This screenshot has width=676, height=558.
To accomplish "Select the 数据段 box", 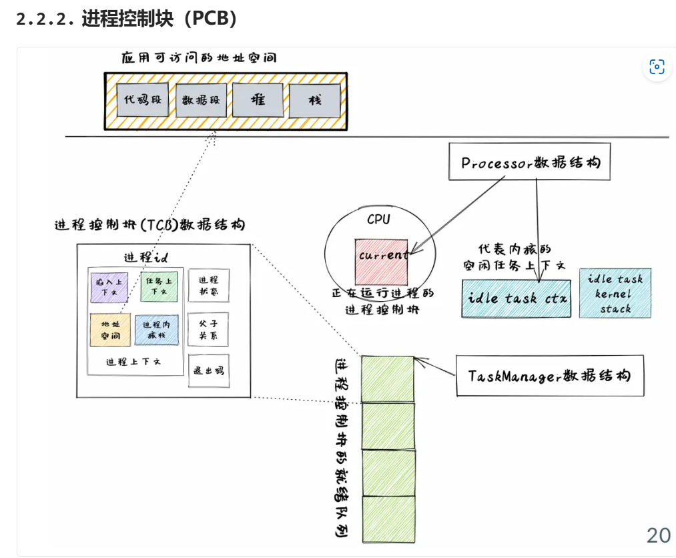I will (x=201, y=101).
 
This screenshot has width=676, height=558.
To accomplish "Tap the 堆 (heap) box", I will (x=258, y=100).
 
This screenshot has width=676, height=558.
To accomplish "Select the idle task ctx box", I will (x=517, y=298).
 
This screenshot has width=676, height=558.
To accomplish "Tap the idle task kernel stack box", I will (x=615, y=294).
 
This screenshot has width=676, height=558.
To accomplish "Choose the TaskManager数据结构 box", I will (x=550, y=376).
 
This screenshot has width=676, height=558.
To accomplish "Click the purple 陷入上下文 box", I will (x=109, y=287).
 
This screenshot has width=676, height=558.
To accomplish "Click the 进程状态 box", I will (x=208, y=287).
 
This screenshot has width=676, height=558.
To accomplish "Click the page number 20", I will (x=658, y=535).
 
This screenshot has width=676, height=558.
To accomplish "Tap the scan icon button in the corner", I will (x=657, y=67).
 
